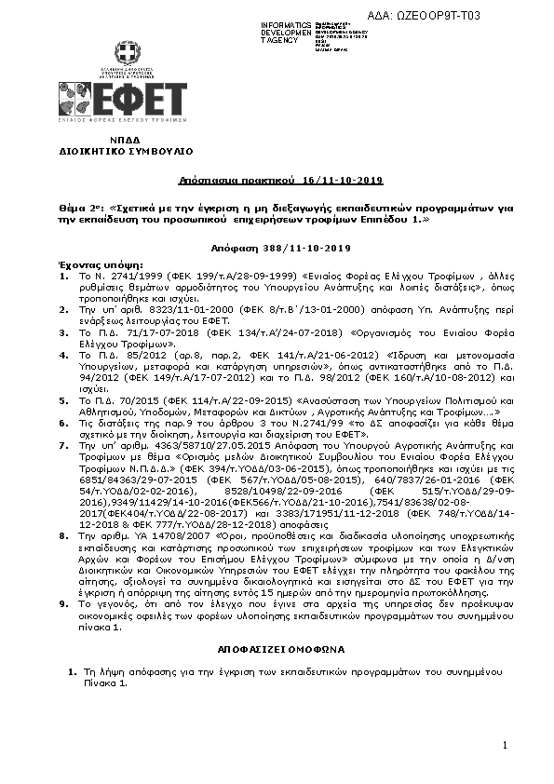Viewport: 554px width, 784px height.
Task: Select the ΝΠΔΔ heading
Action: pyautogui.click(x=125, y=138)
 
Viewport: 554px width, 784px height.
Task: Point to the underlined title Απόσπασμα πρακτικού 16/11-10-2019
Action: pyautogui.click(x=281, y=179)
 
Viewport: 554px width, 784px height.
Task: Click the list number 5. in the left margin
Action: pyautogui.click(x=62, y=398)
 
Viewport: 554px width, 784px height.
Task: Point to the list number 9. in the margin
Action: pyautogui.click(x=62, y=602)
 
